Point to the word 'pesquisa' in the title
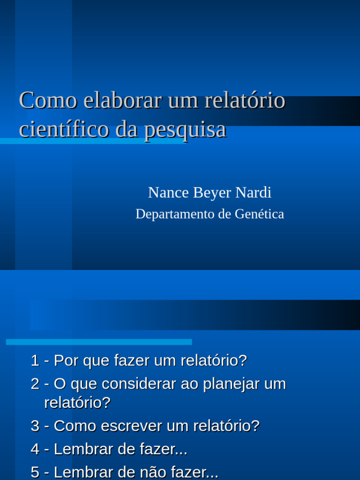click(x=185, y=130)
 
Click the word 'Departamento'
click(x=175, y=214)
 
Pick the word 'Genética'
click(x=259, y=214)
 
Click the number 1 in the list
click(x=35, y=361)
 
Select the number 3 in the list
click(x=35, y=426)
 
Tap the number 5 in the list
click(x=35, y=472)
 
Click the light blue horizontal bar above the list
click(x=99, y=342)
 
